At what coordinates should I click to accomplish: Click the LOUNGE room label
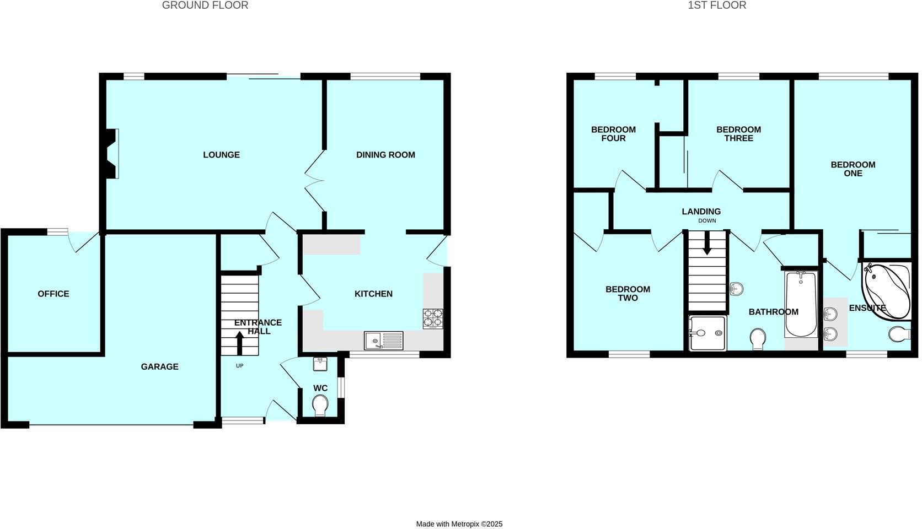(x=221, y=155)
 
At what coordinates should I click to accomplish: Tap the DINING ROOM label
(x=385, y=155)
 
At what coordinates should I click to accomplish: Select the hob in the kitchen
(x=433, y=319)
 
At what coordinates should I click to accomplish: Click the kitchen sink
(x=383, y=341)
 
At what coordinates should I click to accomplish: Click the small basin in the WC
(x=320, y=364)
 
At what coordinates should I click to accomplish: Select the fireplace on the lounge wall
(x=112, y=153)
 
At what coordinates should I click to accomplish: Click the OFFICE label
(x=53, y=294)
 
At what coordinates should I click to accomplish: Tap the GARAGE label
(x=159, y=366)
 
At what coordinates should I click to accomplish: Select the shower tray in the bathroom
(x=707, y=333)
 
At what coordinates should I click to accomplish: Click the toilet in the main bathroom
(x=758, y=338)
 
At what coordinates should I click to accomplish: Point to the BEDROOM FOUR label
(x=613, y=134)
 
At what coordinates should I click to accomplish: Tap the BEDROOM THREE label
(x=738, y=134)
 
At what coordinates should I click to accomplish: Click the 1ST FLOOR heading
(x=717, y=6)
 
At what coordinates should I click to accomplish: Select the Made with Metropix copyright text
(x=459, y=524)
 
